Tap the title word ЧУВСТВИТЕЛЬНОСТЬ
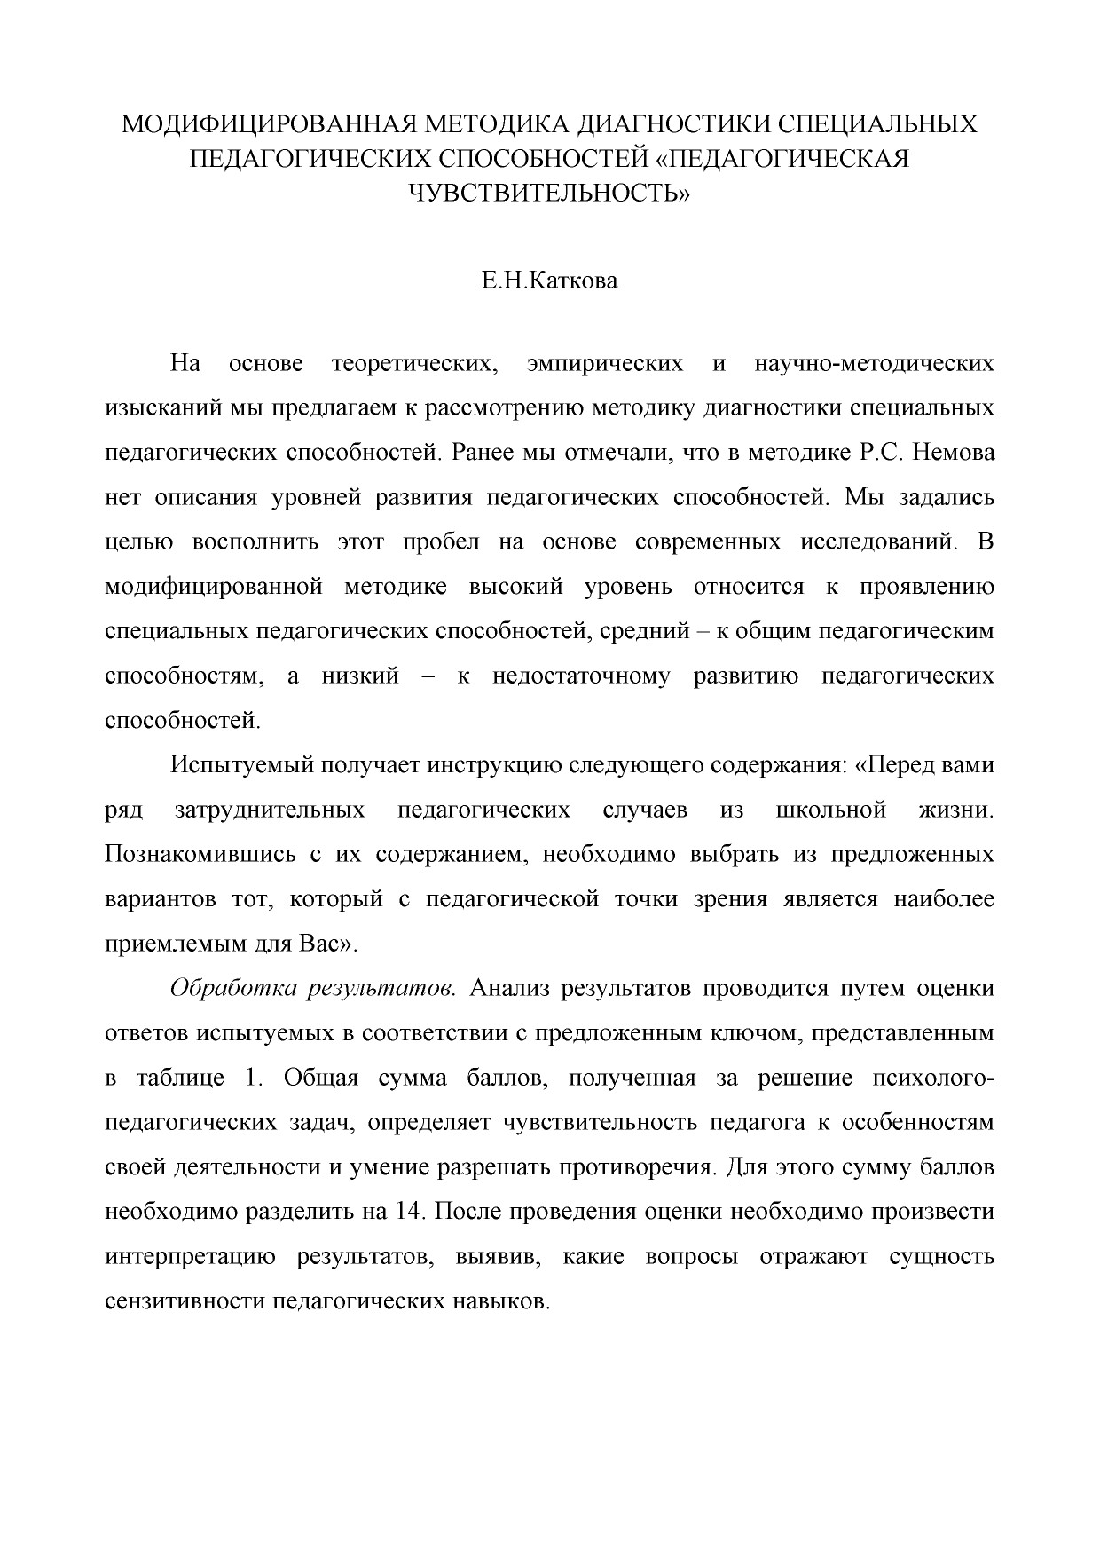548,192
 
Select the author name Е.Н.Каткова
549,283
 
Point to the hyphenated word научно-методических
874,364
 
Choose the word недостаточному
581,676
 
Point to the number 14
404,1212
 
